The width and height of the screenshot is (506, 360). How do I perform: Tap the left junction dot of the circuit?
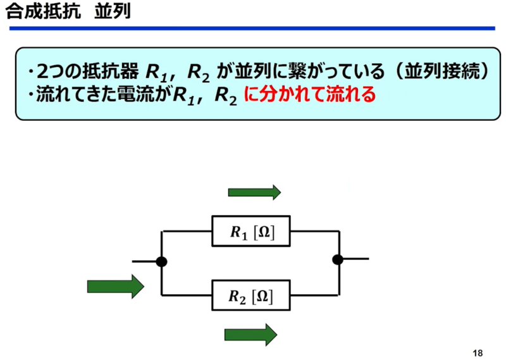(161, 261)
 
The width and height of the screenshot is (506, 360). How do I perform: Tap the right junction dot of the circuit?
(338, 259)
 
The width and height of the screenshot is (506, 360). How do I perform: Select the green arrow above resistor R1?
(254, 192)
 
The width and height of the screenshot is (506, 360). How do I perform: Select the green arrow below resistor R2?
(250, 335)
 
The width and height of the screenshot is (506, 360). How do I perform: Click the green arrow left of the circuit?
(116, 287)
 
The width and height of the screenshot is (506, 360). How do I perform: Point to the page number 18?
(478, 353)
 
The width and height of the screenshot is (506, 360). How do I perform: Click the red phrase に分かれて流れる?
(310, 95)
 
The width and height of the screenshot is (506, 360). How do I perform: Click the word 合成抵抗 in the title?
(43, 11)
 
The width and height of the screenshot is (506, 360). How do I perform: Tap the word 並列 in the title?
(113, 11)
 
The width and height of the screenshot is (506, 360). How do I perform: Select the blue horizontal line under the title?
(252, 28)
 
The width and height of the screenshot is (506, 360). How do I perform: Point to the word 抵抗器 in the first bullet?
(111, 71)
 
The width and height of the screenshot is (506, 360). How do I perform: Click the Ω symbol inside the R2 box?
(262, 296)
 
